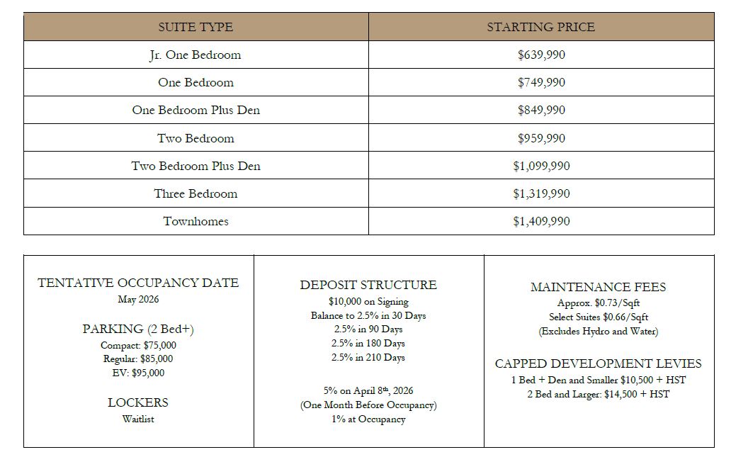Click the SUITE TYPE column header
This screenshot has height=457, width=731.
(x=195, y=27)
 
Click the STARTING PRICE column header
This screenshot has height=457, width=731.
(x=540, y=27)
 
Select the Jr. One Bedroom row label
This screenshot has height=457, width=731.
(x=195, y=55)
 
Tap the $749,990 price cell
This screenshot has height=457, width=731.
(x=541, y=83)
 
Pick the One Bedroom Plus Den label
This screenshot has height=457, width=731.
(x=195, y=111)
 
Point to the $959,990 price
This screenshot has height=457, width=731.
(x=541, y=138)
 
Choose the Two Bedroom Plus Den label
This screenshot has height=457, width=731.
(x=195, y=166)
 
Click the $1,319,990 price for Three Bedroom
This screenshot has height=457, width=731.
(x=541, y=193)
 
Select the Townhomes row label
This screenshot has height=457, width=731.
(x=195, y=221)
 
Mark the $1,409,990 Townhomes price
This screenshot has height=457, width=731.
(x=541, y=221)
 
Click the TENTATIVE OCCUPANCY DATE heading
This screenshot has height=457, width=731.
(x=138, y=283)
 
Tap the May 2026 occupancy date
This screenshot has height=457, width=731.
(x=138, y=299)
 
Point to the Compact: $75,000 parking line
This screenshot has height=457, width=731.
(x=138, y=345)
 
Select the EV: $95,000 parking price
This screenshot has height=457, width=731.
(x=138, y=373)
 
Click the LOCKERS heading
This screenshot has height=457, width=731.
(x=138, y=402)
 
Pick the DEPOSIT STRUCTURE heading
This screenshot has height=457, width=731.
(x=368, y=285)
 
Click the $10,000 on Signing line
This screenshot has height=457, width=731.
(x=368, y=302)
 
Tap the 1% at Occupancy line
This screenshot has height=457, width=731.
(x=368, y=419)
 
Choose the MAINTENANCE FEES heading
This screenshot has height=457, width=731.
(x=598, y=287)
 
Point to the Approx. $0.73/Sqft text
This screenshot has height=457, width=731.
(x=598, y=303)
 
